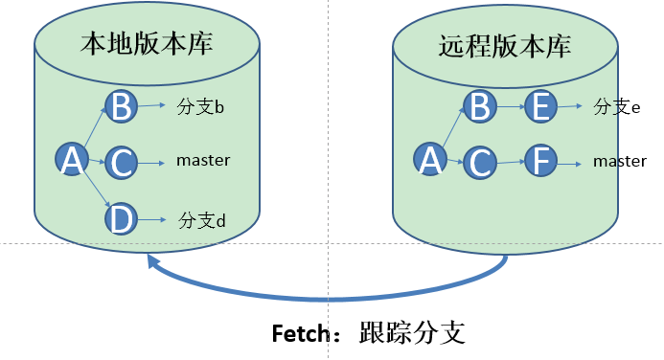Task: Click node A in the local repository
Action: pyautogui.click(x=70, y=162)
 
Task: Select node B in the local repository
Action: pyautogui.click(x=121, y=106)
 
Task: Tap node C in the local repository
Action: pyautogui.click(x=121, y=163)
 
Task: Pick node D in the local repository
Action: pyautogui.click(x=121, y=218)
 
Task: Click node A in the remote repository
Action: pyautogui.click(x=430, y=161)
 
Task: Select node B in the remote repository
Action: pyautogui.click(x=480, y=105)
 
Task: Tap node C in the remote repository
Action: pyautogui.click(x=480, y=162)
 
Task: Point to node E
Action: pyautogui.click(x=541, y=106)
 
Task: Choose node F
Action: pyautogui.click(x=541, y=162)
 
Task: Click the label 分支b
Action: pyautogui.click(x=201, y=106)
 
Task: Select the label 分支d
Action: pyautogui.click(x=201, y=220)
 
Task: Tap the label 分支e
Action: pyautogui.click(x=616, y=106)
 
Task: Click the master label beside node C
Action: pyautogui.click(x=203, y=161)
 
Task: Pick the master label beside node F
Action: pyautogui.click(x=619, y=162)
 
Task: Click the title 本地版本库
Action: pyautogui.click(x=147, y=45)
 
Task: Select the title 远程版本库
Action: pyautogui.click(x=505, y=45)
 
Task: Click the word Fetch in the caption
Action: pyautogui.click(x=300, y=334)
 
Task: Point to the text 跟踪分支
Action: pyautogui.click(x=412, y=333)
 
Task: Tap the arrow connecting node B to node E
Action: pyautogui.click(x=511, y=106)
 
